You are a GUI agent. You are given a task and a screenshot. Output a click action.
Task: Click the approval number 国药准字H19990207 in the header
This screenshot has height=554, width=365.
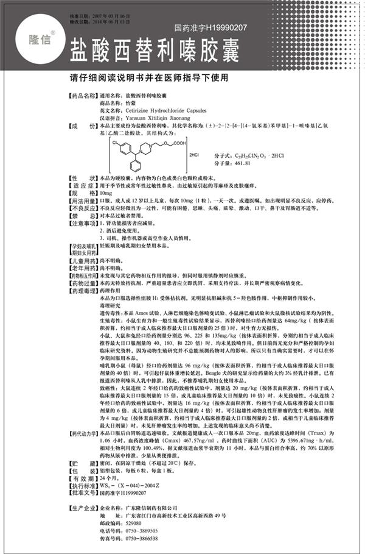click(x=210, y=27)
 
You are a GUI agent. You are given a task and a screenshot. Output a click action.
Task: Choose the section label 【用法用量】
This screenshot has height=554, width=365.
click(x=81, y=199)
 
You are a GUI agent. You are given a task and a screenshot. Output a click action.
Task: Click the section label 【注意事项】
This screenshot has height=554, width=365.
click(x=81, y=224)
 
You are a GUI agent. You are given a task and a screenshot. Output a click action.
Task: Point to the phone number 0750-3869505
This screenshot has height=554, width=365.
click(x=144, y=531)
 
